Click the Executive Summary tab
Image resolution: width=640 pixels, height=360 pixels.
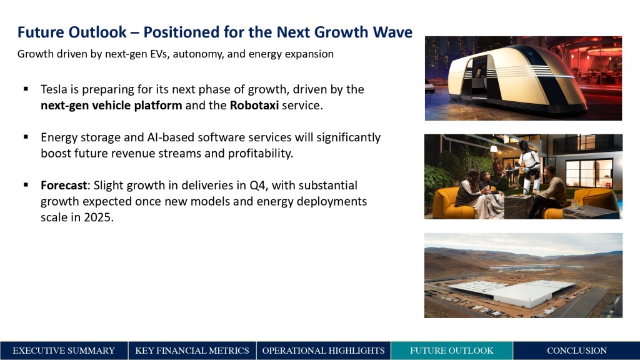(64, 351)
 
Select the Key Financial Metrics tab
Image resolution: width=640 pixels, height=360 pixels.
(192, 351)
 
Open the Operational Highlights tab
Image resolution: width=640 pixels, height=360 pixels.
(323, 351)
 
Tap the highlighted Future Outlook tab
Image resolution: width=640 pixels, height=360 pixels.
(452, 351)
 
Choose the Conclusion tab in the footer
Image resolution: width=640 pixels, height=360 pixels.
(577, 351)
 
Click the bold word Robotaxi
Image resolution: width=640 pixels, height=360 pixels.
(254, 105)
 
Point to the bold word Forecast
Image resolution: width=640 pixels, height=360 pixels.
(64, 185)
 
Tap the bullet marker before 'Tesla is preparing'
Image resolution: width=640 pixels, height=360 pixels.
(26, 89)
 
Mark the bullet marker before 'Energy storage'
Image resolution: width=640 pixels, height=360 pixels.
(26, 137)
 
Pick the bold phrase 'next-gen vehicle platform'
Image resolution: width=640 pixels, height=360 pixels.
(111, 105)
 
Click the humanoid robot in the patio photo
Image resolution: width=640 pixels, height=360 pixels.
(527, 165)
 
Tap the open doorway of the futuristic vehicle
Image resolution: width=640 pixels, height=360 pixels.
(477, 77)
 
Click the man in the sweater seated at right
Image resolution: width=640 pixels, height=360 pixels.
(549, 191)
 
